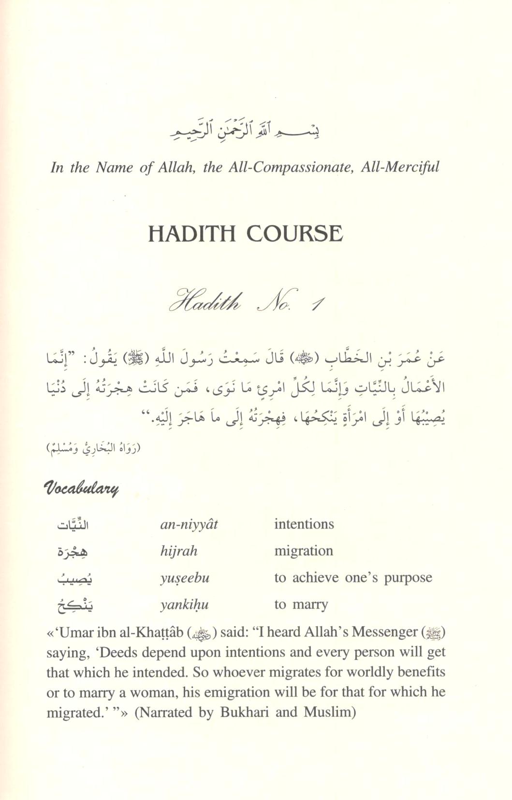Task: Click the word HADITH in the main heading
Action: (192, 234)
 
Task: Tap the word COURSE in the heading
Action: (294, 234)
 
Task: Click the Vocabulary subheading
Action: (81, 489)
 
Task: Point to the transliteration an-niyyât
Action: (189, 524)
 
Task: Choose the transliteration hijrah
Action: (178, 551)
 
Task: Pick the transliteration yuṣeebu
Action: (184, 578)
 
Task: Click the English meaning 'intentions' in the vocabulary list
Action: (304, 524)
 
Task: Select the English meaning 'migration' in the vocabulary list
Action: (303, 551)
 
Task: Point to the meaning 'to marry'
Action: (301, 604)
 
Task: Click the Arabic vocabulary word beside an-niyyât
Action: (73, 524)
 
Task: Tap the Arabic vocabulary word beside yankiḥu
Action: (74, 604)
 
